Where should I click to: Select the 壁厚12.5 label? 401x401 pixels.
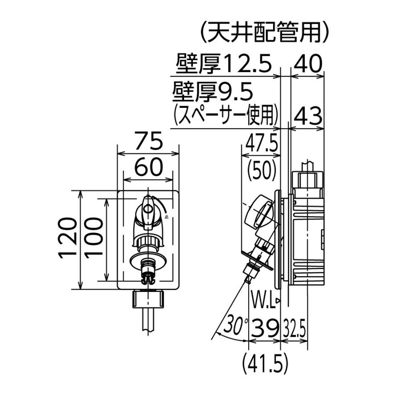(223, 65)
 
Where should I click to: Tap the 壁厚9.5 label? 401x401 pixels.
(213, 93)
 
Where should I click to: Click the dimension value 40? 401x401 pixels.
(308, 65)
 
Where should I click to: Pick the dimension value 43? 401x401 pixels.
(308, 117)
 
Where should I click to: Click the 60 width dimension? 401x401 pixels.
(147, 168)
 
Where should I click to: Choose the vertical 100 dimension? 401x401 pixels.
(94, 240)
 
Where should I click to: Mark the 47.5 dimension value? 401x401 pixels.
(262, 145)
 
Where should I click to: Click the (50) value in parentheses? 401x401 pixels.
(262, 168)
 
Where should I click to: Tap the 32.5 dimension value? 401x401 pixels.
(295, 330)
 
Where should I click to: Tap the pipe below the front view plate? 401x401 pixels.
(148, 321)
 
